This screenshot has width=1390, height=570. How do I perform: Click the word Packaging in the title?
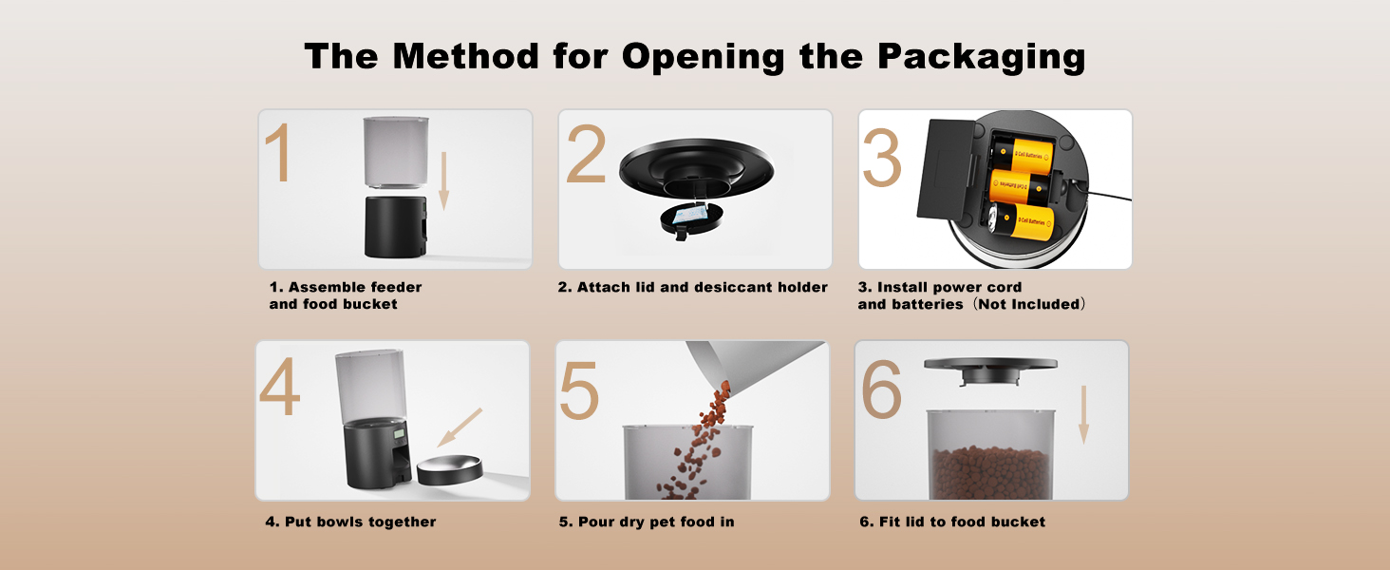click(981, 57)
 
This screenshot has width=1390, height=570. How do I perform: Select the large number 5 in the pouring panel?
click(579, 389)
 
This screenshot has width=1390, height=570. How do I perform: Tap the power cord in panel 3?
click(1106, 199)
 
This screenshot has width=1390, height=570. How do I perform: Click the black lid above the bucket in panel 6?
click(990, 366)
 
